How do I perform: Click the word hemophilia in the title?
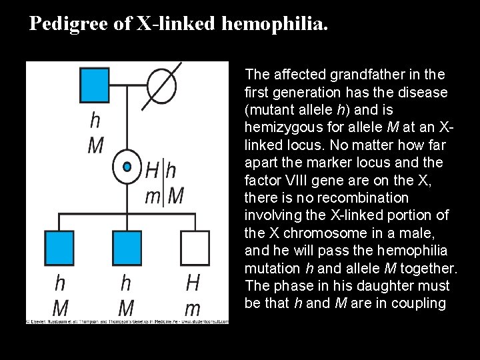pos(274,24)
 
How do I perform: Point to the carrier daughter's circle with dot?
pos(127,167)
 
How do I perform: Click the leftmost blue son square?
pos(61,247)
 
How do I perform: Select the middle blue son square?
pos(127,247)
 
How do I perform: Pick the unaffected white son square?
pos(193,247)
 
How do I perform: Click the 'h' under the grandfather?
pos(95,120)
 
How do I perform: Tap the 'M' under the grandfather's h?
pos(95,145)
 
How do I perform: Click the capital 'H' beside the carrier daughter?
pos(153,171)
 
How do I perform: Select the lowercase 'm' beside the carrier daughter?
pos(153,196)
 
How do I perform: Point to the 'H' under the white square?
pos(193,283)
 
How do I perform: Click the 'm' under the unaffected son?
pos(193,308)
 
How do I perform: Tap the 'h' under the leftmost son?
pos(60,283)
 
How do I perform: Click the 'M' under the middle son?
pos(126,308)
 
